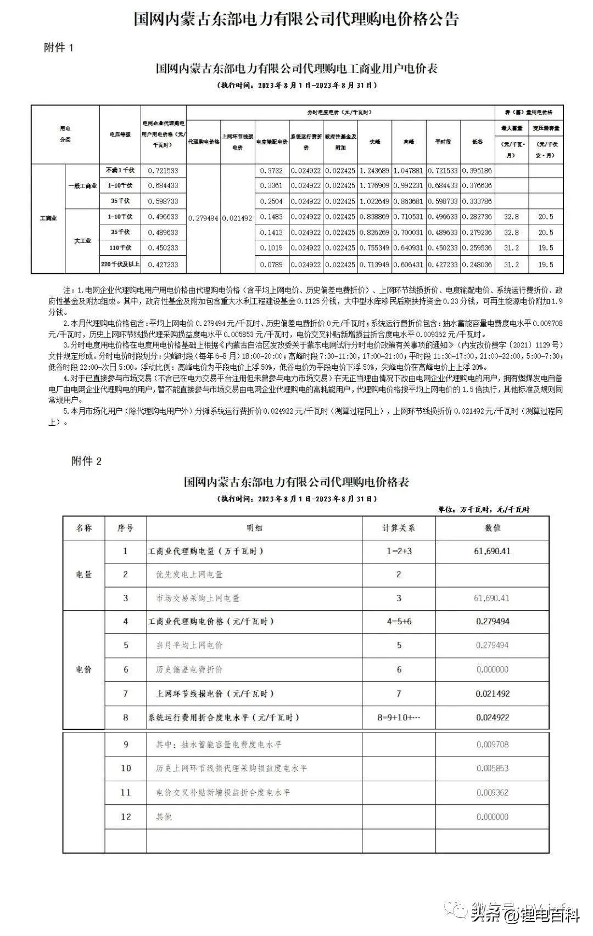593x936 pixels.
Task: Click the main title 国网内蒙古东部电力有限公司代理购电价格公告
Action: pos(296,20)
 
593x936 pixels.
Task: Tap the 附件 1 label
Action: pos(58,48)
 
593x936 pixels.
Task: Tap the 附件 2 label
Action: pos(86,461)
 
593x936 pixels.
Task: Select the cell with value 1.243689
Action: pos(374,171)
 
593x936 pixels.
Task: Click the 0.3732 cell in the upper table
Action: pos(272,171)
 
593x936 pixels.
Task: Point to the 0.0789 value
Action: pos(272,264)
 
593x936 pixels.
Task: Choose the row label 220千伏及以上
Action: pos(120,264)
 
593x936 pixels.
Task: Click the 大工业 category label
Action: pos(82,240)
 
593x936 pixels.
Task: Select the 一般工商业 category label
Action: pos(82,186)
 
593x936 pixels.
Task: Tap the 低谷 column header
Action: pos(477,141)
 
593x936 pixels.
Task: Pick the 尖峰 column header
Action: pos(374,141)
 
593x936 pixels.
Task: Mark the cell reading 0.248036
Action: pos(477,264)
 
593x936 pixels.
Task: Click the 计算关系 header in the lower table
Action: pos(399,528)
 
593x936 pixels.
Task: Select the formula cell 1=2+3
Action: pos(399,551)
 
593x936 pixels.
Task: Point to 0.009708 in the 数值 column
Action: pos(492,745)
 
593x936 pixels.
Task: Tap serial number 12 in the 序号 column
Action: pos(126,816)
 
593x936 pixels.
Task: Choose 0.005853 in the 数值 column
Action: pos(492,768)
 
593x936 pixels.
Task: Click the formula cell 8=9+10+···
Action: pos(399,717)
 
